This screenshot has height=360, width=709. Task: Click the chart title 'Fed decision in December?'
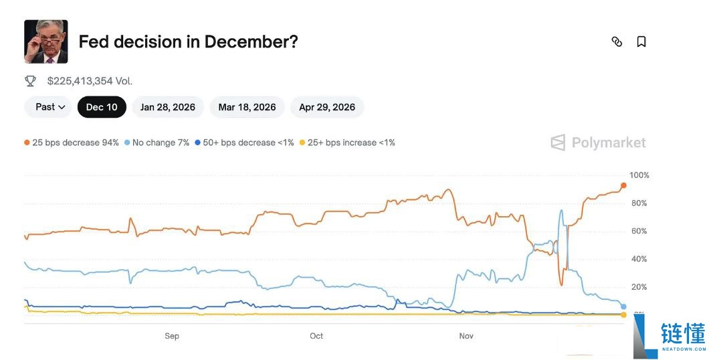(x=188, y=41)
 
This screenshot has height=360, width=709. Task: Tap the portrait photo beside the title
(x=45, y=41)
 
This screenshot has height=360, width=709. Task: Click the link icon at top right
(x=617, y=41)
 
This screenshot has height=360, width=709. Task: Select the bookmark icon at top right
(x=641, y=41)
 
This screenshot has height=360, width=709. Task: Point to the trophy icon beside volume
(x=30, y=81)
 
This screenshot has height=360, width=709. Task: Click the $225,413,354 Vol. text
(x=90, y=81)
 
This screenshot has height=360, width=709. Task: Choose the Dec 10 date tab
(x=102, y=107)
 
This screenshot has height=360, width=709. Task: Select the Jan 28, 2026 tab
(x=168, y=107)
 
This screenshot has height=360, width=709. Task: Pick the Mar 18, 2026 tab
(x=247, y=107)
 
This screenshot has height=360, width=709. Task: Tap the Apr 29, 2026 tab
(x=327, y=107)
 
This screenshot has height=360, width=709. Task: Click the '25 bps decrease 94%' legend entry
(x=72, y=143)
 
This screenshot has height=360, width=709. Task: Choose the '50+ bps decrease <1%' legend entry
(x=244, y=143)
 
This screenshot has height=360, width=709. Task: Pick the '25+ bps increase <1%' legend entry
(x=347, y=143)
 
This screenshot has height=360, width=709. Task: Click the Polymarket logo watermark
(x=598, y=143)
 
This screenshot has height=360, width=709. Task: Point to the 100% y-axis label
(x=639, y=175)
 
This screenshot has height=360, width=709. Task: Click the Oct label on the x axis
(x=316, y=336)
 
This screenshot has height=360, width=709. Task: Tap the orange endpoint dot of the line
(x=623, y=185)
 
